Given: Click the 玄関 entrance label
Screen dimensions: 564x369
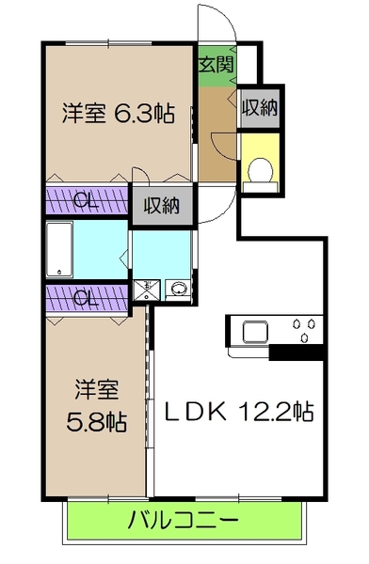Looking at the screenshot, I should coord(216,65).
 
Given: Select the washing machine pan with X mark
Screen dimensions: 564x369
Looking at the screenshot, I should coord(145,290).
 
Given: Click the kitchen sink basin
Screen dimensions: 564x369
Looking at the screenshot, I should coord(256,332).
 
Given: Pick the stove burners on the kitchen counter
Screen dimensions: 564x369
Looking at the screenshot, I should coord(304,331).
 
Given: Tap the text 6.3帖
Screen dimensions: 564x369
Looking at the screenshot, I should coord(144,114).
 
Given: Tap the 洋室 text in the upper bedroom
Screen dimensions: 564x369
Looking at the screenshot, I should coord(83,114).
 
